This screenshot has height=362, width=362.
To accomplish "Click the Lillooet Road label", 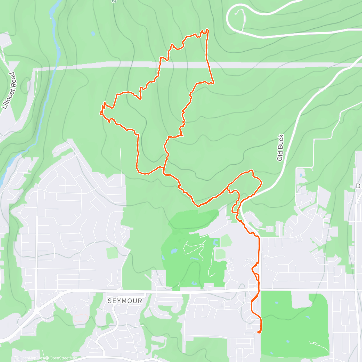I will pos(8,91).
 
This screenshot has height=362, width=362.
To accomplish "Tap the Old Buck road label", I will pos(280,148).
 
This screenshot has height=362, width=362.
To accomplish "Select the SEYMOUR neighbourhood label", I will pos(125,301).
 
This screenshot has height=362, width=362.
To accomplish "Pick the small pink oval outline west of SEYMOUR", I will pos(81,318).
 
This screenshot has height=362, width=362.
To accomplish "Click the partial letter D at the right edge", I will pos(359,186).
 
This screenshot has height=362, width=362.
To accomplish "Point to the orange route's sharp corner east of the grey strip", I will pos(213,82).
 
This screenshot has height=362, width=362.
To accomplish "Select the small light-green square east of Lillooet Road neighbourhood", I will pos(112,253).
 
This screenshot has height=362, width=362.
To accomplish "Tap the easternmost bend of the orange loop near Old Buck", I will pos(261,183).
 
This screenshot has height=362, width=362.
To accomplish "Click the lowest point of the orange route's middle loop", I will pos(198,206).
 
